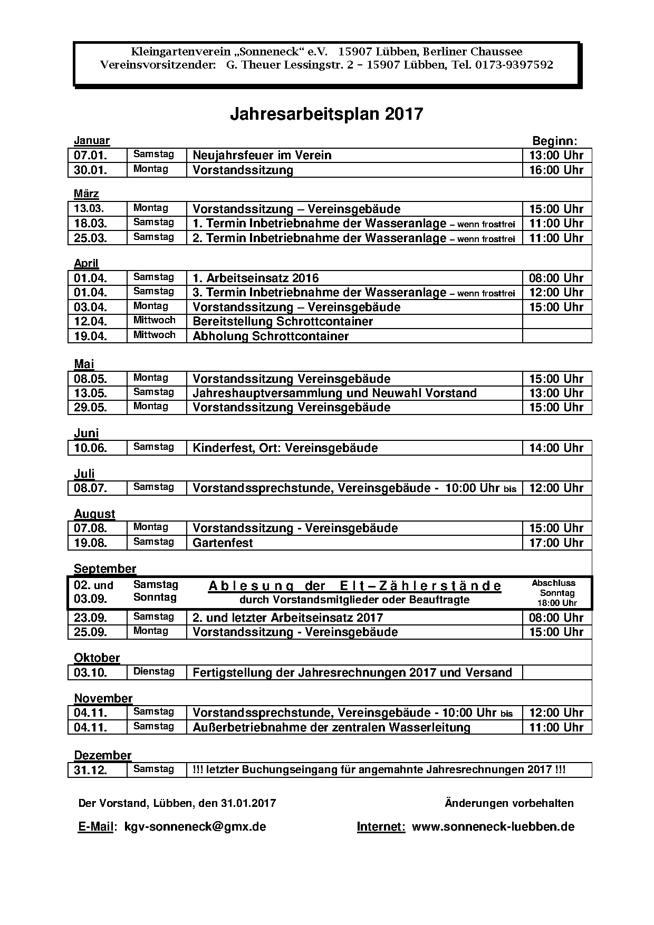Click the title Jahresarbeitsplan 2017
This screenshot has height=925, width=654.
point(326,114)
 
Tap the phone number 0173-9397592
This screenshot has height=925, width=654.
point(514,65)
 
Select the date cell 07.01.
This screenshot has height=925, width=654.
point(91,156)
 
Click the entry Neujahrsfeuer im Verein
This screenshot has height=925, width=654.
point(262,156)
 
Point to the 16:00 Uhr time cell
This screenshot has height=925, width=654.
point(556,170)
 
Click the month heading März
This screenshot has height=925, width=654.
point(86,194)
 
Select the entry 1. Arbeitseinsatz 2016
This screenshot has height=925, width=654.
point(256,278)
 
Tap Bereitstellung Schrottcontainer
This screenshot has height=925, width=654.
point(283,321)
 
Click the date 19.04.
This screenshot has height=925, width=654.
point(91,336)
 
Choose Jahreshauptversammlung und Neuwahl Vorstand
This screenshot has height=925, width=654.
point(334,393)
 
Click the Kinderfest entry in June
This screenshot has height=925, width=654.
point(285,448)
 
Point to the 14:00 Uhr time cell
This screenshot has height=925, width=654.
point(556,448)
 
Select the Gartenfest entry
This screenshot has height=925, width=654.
point(223,543)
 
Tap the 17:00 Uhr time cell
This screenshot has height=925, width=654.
point(556,543)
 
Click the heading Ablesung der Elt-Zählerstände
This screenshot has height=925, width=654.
point(354,586)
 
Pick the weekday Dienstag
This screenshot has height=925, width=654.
point(154,671)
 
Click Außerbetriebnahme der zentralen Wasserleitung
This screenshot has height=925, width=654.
point(331,727)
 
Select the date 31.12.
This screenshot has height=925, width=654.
point(91,770)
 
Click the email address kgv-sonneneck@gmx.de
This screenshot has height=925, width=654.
point(195,826)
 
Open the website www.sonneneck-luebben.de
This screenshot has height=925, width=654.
point(493,826)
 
